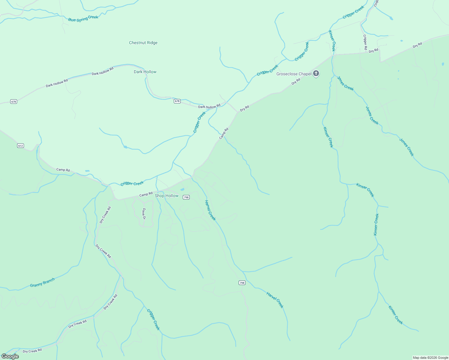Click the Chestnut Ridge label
coord(143,43)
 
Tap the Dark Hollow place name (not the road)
coord(145,72)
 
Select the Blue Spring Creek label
coord(83,19)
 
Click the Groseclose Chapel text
coord(294,74)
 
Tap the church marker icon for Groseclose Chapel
coord(316,73)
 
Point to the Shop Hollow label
coord(167,196)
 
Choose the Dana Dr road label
coord(144,214)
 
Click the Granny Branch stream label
coord(42,283)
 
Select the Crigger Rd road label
coord(365,42)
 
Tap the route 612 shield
coord(20,146)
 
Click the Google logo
coord(10,356)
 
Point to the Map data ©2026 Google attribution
coord(430,358)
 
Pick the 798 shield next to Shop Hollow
coord(186,197)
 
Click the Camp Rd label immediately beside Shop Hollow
coord(146,194)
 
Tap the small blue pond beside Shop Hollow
coord(182,190)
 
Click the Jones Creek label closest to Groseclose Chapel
coord(345,83)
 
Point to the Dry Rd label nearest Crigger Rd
coord(373,51)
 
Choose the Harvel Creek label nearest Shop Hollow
coord(210,210)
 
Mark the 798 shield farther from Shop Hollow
coord(242,283)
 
